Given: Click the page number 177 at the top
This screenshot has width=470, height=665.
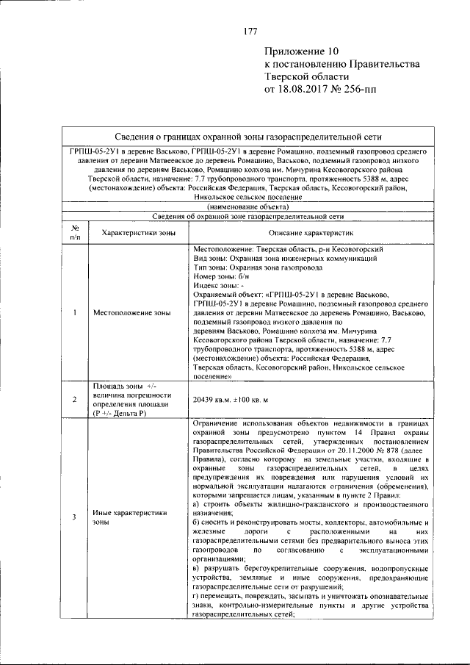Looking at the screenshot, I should point(249,31).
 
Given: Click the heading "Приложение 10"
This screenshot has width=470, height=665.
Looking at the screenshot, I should point(302,52).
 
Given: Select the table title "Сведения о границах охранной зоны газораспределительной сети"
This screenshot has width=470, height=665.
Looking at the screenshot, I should point(248,136).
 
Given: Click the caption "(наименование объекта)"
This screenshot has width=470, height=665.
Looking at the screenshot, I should point(248,206).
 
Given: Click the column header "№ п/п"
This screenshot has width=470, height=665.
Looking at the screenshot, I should point(75,232).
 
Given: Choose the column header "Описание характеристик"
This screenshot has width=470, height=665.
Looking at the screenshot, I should point(310,232).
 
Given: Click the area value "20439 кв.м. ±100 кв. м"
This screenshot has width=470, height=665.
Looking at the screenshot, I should point(230,399).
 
